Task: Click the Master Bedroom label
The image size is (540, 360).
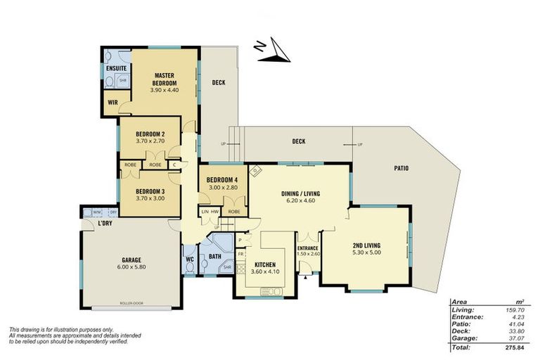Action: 165,78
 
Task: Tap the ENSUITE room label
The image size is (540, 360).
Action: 116,68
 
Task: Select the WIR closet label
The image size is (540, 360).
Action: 112,102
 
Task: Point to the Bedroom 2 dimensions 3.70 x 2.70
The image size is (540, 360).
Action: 150,141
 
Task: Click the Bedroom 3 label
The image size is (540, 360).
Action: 150,191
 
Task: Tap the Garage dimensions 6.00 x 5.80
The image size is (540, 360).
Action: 130,266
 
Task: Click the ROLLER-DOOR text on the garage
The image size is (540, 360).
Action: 132,305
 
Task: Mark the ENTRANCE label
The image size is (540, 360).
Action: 308,248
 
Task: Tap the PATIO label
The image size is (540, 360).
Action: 401,168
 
